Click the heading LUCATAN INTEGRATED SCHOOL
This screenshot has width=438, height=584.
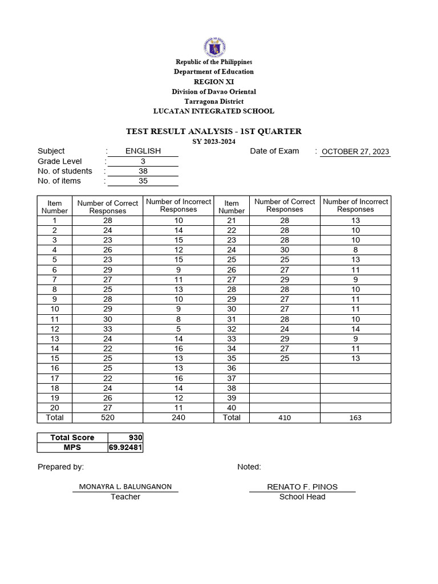click(214, 111)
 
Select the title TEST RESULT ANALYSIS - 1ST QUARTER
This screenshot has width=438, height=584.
click(214, 132)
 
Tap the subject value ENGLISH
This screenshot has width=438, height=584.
click(143, 151)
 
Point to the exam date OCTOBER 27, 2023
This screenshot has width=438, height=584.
click(355, 152)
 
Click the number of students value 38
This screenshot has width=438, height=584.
click(143, 171)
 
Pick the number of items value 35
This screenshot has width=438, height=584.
click(143, 181)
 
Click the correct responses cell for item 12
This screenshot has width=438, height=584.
click(108, 329)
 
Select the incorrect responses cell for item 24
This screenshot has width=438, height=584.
click(355, 250)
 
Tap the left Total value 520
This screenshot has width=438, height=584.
click(108, 417)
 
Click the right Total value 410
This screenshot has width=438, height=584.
click(285, 418)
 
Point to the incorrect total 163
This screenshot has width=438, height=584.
click(355, 418)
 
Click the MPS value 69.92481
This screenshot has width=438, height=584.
click(125, 448)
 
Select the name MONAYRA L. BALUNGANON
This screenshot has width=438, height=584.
click(125, 487)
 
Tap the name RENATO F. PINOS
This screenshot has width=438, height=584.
click(302, 486)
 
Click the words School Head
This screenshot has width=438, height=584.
click(302, 497)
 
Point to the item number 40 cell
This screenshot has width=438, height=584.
click(232, 408)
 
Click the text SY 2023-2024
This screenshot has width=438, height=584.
click(214, 141)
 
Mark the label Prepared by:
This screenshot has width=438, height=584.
click(60, 467)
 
